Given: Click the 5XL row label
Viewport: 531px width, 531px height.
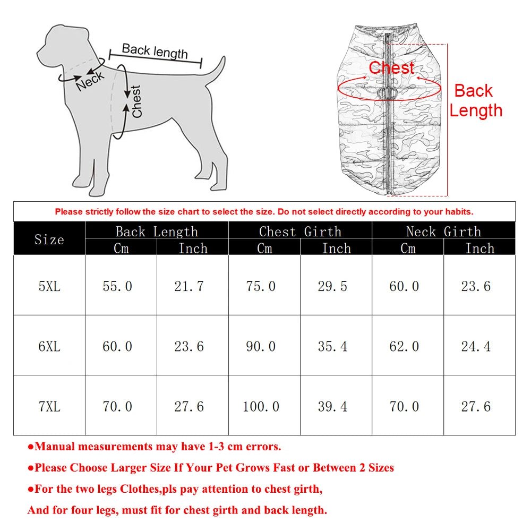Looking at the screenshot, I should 49,286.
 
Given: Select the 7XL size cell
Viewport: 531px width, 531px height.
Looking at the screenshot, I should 49,407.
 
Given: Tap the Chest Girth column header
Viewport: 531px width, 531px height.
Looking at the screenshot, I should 300,232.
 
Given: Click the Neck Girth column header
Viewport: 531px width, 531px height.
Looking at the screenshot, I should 443,232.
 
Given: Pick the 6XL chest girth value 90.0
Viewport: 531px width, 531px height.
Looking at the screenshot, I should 261,347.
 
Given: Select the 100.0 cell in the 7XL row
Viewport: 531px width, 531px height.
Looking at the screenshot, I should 261,407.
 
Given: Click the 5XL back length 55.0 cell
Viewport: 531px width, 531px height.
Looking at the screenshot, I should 117,286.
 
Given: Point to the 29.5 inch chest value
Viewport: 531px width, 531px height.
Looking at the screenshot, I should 332,286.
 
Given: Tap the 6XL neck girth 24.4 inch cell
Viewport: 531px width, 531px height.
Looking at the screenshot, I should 476,347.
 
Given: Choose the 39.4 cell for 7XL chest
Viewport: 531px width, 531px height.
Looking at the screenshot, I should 332,407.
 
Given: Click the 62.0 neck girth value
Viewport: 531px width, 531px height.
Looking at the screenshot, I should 404,347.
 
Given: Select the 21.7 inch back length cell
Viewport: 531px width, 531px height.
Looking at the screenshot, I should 189,286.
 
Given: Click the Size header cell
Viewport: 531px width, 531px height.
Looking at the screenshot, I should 49,239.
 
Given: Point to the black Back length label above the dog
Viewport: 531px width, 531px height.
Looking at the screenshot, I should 155,52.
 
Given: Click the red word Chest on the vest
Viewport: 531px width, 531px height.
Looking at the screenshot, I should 391,68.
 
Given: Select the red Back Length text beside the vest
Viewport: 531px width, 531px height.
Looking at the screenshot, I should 475,100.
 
